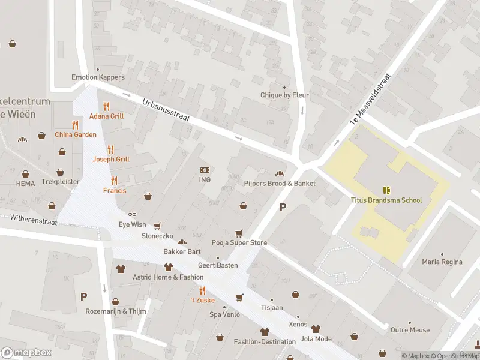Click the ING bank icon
click(x=205, y=170)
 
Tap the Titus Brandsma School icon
click(x=386, y=190)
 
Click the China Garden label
click(x=76, y=134)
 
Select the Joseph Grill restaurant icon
click(x=110, y=149)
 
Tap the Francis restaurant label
click(x=115, y=190)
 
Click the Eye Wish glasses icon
click(x=133, y=214)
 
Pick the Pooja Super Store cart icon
click(x=239, y=233)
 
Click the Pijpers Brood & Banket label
click(x=280, y=183)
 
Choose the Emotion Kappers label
click(x=98, y=77)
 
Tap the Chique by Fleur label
click(x=284, y=95)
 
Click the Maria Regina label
click(x=442, y=262)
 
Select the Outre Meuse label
click(x=410, y=329)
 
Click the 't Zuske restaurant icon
click(x=202, y=290)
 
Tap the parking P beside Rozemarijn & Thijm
click(x=83, y=296)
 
